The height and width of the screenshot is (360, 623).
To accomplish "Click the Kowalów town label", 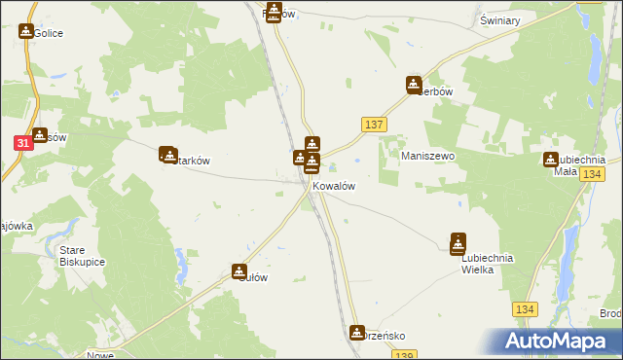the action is click(x=333, y=186).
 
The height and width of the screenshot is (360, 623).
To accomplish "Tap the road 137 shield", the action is click(x=375, y=125).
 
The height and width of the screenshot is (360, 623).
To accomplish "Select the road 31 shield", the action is click(x=22, y=143).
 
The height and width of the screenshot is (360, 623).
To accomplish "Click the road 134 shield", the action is click(x=525, y=308).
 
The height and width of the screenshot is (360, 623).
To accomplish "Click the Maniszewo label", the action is click(x=428, y=156).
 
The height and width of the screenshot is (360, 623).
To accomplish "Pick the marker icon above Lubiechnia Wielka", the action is click(x=458, y=243).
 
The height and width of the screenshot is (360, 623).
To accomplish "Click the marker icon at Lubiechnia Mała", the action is click(x=551, y=161).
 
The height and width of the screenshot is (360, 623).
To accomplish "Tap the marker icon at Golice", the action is click(x=26, y=32).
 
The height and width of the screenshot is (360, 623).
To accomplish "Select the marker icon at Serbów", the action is click(x=415, y=85).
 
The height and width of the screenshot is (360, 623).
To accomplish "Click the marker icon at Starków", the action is click(x=167, y=154).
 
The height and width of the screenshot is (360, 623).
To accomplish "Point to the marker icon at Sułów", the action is click(x=238, y=273).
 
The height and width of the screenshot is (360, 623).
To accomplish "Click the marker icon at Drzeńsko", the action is click(x=357, y=333).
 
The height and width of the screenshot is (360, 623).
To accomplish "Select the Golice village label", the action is click(x=49, y=33).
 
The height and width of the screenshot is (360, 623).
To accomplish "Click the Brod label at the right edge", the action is click(x=610, y=313).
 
